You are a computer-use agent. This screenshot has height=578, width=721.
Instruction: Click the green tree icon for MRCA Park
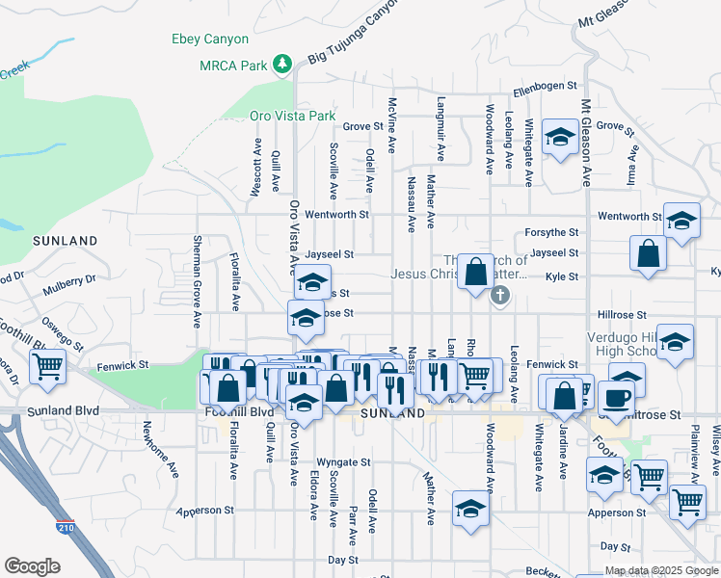pyautogui.click(x=281, y=65)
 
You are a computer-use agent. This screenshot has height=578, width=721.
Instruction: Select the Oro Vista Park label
pyautogui.click(x=293, y=116)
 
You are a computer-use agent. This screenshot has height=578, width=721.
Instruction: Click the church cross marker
pyautogui.click(x=499, y=296)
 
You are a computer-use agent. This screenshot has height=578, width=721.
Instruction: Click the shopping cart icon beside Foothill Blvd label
pyautogui.click(x=47, y=366)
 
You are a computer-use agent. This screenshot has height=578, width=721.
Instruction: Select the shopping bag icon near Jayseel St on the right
pyautogui.click(x=650, y=253)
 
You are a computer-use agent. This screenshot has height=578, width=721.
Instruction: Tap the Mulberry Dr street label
pyautogui.click(x=69, y=279)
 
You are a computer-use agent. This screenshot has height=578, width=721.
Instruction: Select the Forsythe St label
pyautogui.click(x=551, y=232)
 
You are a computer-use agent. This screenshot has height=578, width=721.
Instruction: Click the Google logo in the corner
pyautogui.click(x=32, y=566)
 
